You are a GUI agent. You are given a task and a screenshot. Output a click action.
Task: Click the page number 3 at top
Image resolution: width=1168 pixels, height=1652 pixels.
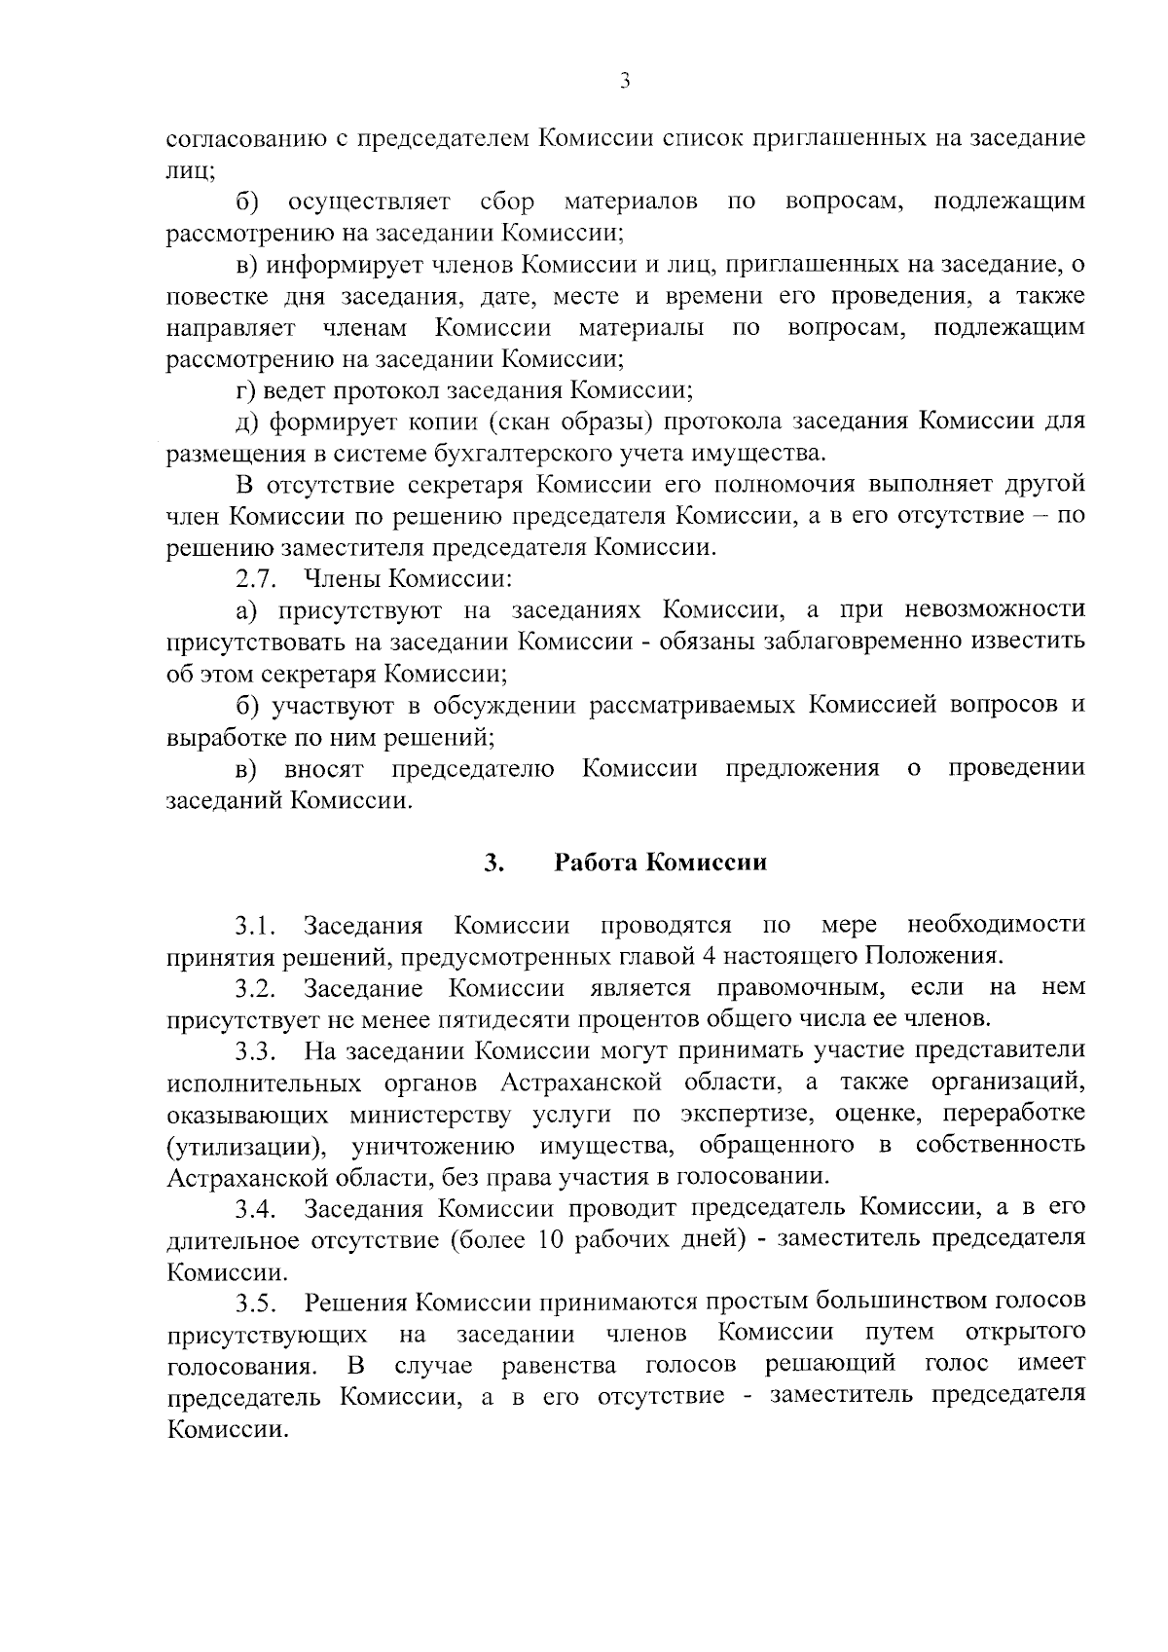[x=626, y=81]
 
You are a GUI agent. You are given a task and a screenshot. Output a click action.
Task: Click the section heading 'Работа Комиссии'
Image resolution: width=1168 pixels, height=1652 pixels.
[x=660, y=863]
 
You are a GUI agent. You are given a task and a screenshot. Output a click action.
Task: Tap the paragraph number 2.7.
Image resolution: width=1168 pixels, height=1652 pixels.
[x=257, y=580]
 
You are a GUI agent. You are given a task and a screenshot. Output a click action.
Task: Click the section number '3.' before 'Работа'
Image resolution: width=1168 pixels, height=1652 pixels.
[x=493, y=863]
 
